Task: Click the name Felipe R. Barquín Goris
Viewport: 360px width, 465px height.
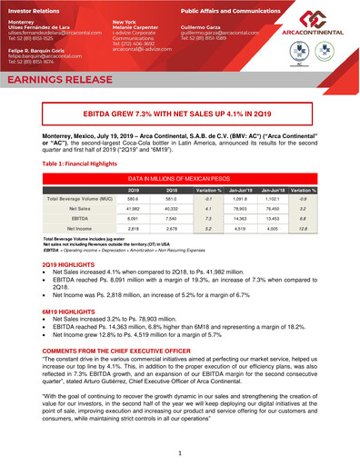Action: click(45, 49)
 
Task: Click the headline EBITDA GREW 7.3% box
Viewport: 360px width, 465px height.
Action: click(179, 117)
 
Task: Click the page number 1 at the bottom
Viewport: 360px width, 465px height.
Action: click(180, 450)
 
